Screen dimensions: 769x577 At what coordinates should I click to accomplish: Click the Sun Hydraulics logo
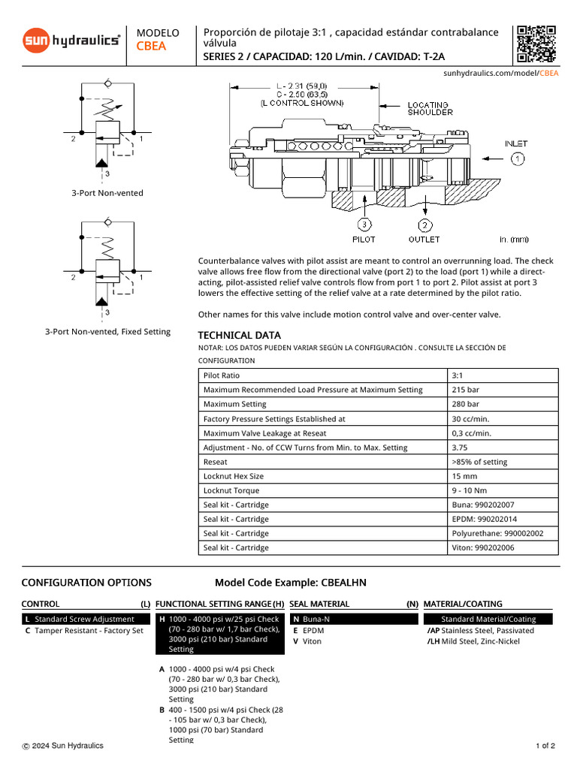point(71,40)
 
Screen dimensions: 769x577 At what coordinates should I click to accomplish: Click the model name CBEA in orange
point(152,47)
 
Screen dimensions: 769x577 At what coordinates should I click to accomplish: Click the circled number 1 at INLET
point(518,158)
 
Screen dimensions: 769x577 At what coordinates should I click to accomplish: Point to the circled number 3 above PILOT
point(364,224)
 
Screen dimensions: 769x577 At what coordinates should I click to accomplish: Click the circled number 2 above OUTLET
point(424,224)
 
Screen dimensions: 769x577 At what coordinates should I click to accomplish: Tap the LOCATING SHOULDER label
point(430,109)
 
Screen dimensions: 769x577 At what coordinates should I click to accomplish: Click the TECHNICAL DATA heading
point(239,336)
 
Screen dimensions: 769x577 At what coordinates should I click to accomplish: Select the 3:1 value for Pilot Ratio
point(459,375)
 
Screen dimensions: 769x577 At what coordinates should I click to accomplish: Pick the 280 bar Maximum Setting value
point(464,404)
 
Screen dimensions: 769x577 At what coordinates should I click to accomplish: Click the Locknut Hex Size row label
point(234,476)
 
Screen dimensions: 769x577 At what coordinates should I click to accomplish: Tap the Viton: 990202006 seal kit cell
point(485,547)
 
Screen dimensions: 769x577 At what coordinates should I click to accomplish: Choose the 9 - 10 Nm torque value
point(469,490)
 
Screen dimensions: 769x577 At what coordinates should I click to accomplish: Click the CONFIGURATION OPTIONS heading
point(86,583)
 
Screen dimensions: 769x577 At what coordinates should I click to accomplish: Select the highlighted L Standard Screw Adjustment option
point(84,619)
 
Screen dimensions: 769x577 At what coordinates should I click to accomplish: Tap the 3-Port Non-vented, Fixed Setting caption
point(107,332)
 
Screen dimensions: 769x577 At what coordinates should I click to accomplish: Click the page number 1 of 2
point(545,746)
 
